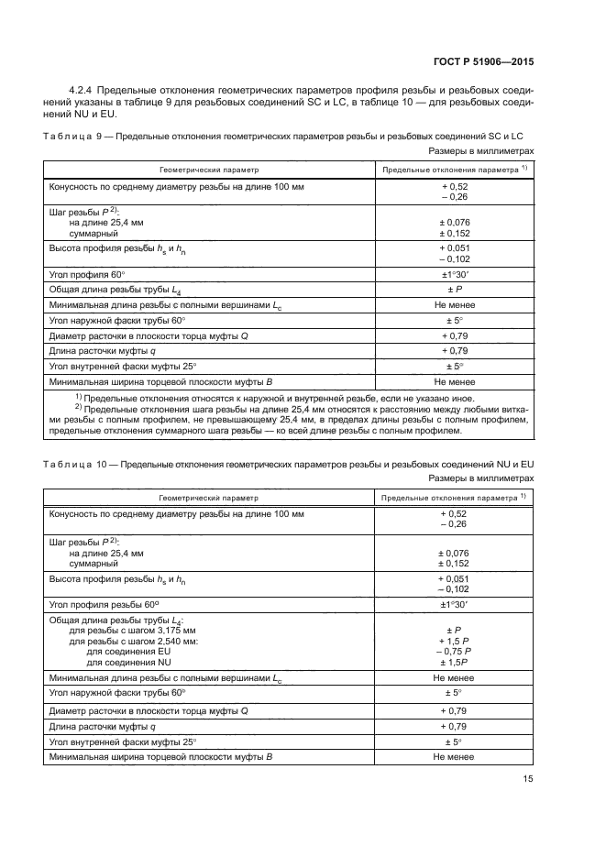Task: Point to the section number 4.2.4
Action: coord(84,89)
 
